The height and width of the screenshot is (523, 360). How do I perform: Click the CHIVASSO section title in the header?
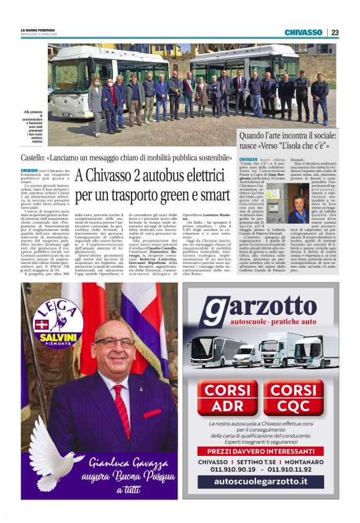(303, 32)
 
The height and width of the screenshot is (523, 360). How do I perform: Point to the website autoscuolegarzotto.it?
(261, 482)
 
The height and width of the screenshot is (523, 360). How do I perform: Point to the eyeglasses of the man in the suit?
(114, 342)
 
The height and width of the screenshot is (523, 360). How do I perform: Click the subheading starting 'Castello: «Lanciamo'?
(127, 158)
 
